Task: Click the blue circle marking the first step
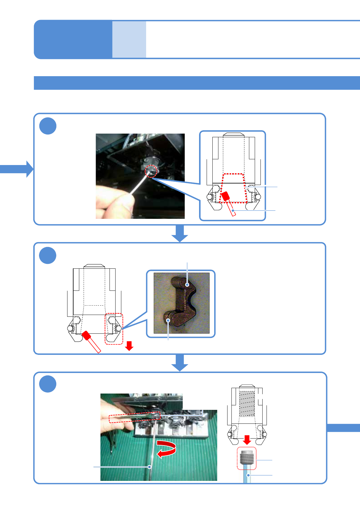click(48, 126)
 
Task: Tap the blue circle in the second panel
click(48, 255)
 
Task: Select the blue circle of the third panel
click(48, 384)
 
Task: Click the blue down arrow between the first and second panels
click(180, 234)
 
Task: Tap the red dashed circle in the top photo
click(151, 171)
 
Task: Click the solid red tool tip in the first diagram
click(225, 197)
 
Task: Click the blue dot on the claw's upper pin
click(188, 285)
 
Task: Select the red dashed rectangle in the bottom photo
click(134, 417)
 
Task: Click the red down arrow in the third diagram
click(247, 440)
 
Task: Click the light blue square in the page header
click(129, 39)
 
